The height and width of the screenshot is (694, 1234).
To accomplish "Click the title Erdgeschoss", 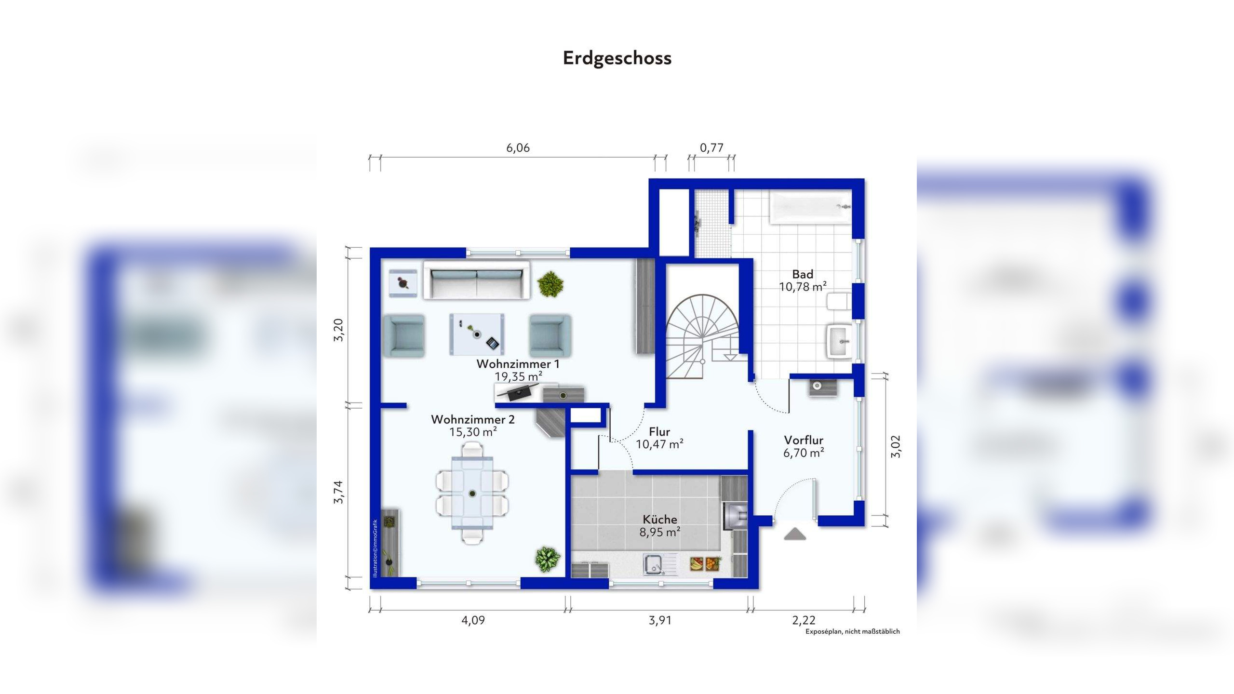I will click(617, 58).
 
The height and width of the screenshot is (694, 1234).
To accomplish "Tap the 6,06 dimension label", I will click(518, 148).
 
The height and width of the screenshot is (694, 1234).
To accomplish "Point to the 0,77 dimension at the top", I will click(711, 148).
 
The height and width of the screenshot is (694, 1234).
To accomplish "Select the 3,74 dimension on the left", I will click(339, 492).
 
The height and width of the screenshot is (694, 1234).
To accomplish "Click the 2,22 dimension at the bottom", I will click(804, 620).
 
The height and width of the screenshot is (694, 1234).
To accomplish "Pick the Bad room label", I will click(803, 274).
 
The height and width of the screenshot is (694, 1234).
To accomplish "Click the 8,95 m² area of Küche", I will click(659, 533).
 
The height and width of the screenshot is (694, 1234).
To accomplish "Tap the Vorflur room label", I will click(804, 440).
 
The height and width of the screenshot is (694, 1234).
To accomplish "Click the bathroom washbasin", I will click(840, 341).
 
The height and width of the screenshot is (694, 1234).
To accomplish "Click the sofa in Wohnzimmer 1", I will click(477, 280).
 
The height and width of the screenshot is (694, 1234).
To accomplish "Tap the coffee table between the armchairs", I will click(477, 334).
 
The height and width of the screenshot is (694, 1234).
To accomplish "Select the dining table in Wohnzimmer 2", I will click(472, 494).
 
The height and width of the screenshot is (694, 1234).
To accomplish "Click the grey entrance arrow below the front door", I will click(795, 534).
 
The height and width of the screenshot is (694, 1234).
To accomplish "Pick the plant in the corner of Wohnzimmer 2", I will click(547, 559).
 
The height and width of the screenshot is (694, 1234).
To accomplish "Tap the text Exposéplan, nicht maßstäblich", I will click(852, 632).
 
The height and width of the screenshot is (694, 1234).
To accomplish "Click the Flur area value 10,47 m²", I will click(659, 444).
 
